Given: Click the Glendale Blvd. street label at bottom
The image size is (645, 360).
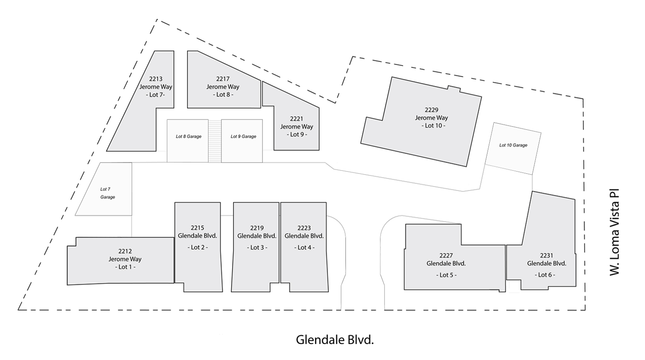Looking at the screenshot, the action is point(335,340).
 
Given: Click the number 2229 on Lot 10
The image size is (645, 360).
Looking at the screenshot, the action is point(431,110).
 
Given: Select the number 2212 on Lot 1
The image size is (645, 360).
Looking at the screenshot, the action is point(125,251).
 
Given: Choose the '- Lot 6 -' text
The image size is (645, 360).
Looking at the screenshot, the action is point(545,275).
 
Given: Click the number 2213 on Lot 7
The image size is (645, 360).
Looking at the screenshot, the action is point(156,79).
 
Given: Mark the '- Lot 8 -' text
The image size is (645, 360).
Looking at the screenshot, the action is point(223,95).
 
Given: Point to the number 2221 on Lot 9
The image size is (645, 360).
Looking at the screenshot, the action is point(296,119).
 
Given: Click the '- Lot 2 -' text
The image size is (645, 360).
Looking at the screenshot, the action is point(197,247).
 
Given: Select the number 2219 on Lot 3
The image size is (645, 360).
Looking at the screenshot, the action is point(257,228).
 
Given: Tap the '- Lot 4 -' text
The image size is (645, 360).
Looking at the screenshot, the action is point(304,247).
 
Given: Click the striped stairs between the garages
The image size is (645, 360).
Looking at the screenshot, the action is point(215,141).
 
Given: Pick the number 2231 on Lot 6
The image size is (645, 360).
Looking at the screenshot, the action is point(547,255).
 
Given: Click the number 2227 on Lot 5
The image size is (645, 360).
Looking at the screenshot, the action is point(446,255).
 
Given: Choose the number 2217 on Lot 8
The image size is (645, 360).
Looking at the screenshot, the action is point(223,79).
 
